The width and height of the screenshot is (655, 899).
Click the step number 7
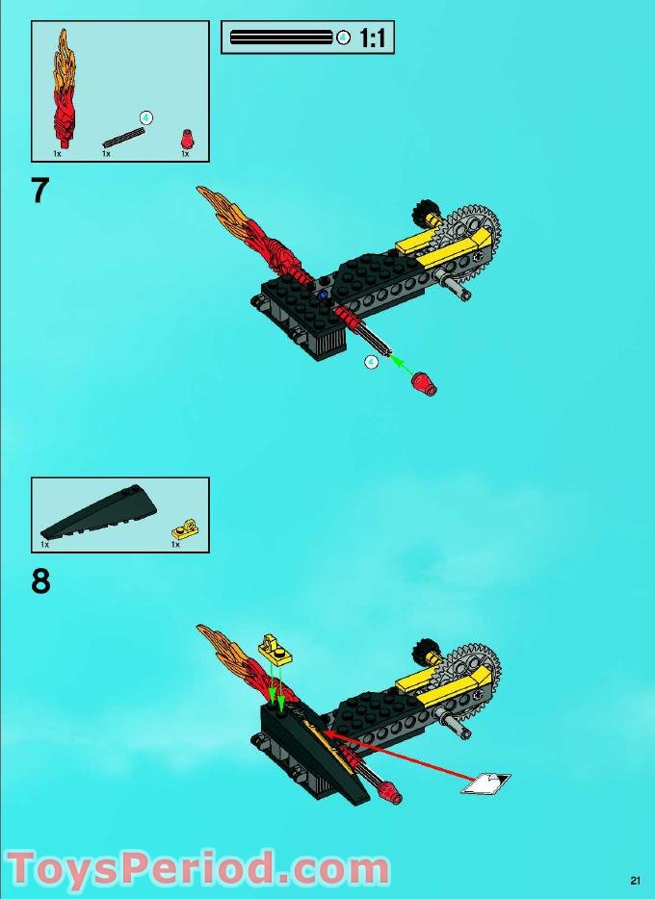(x=39, y=191)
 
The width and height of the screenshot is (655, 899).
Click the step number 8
(x=40, y=582)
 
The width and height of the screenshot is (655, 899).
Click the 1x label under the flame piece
(x=57, y=154)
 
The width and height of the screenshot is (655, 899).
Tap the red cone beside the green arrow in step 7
(x=423, y=385)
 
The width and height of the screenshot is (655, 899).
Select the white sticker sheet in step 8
(x=485, y=783)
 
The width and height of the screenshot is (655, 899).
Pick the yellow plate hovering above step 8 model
(x=275, y=652)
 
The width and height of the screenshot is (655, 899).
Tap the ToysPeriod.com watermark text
(x=197, y=867)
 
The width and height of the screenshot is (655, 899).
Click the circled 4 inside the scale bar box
(x=344, y=38)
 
